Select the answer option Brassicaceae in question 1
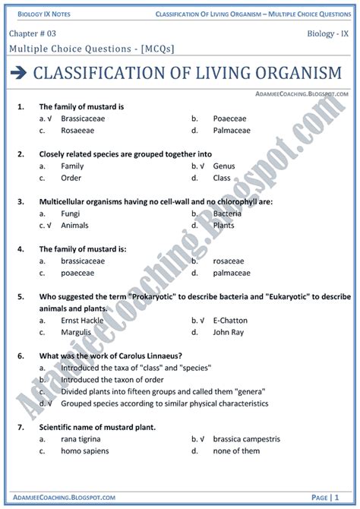(83, 119)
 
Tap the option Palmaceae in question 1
(232, 131)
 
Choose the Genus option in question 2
(224, 166)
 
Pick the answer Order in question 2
(71, 178)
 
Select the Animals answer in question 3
(75, 225)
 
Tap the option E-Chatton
(232, 320)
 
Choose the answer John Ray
(229, 331)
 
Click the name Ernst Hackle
(83, 320)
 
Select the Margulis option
(77, 331)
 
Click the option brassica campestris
(246, 438)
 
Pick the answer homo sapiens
(85, 451)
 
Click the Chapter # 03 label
(34, 34)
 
